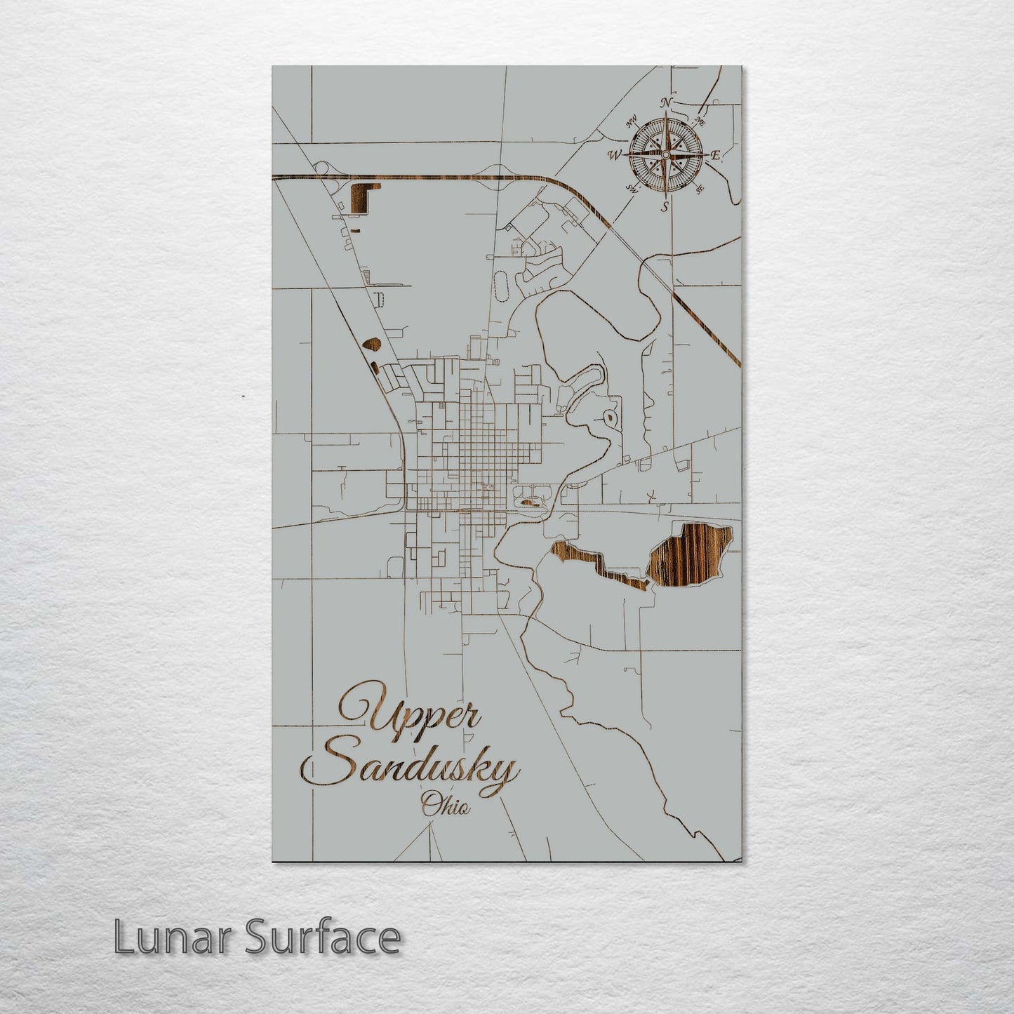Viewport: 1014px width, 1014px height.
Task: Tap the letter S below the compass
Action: [x=665, y=206]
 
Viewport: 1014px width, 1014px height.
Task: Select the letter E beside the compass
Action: [x=715, y=155]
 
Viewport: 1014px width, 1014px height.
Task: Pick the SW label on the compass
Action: [x=632, y=188]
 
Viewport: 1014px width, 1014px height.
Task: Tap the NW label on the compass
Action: [x=631, y=120]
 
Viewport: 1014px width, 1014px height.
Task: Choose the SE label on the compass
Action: [x=699, y=189]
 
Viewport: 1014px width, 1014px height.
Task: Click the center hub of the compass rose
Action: [x=665, y=154]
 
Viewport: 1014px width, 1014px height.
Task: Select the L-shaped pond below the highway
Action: [x=361, y=197]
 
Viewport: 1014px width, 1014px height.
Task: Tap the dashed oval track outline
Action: [x=500, y=285]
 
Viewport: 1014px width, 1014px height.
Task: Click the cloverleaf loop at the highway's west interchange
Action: [x=323, y=168]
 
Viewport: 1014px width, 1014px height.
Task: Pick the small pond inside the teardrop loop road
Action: [x=612, y=420]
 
